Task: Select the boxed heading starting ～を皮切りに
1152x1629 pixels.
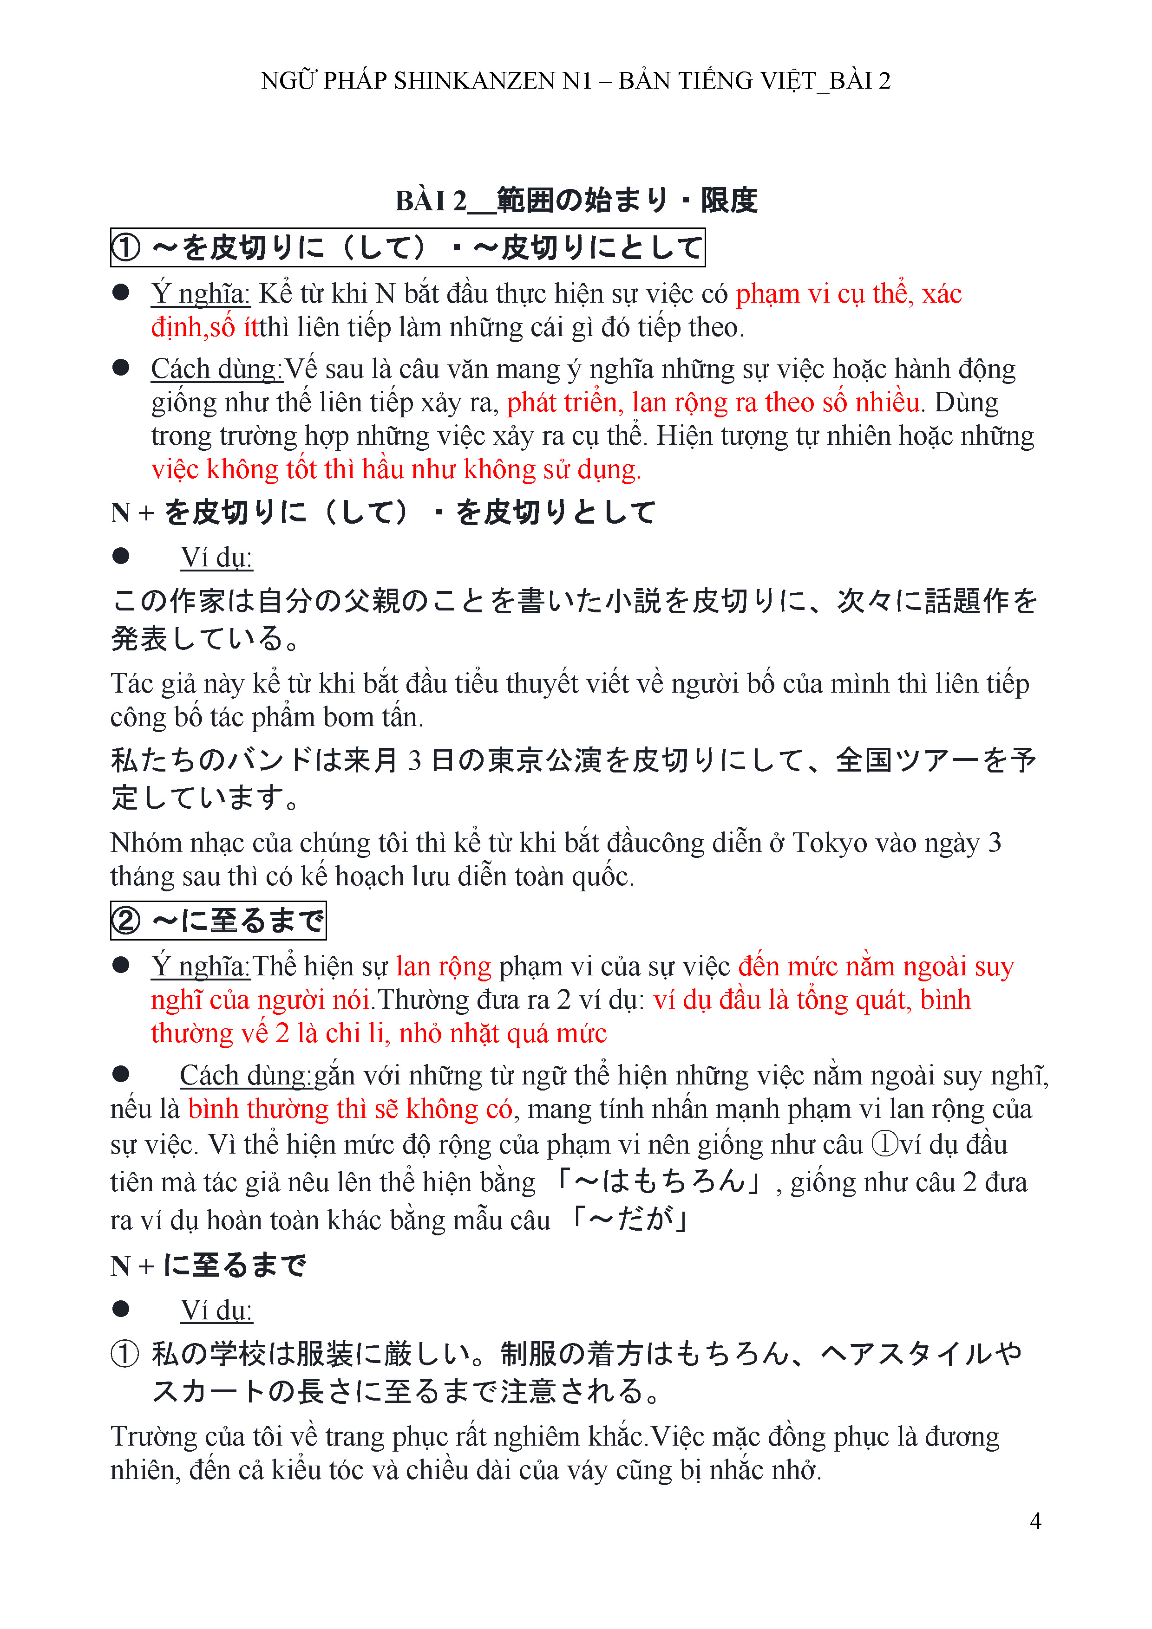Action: pyautogui.click(x=407, y=247)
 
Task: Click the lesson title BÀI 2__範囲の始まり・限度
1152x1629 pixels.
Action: pyautogui.click(x=576, y=201)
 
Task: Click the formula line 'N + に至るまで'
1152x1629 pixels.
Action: pyautogui.click(x=208, y=1265)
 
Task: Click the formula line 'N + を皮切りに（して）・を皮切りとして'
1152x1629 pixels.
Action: pyautogui.click(x=383, y=512)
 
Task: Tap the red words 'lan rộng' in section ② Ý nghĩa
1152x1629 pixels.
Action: pyautogui.click(x=444, y=967)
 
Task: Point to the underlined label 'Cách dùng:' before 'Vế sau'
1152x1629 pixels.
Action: pyautogui.click(x=216, y=369)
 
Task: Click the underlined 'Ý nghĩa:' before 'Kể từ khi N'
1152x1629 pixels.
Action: pyautogui.click(x=200, y=294)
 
